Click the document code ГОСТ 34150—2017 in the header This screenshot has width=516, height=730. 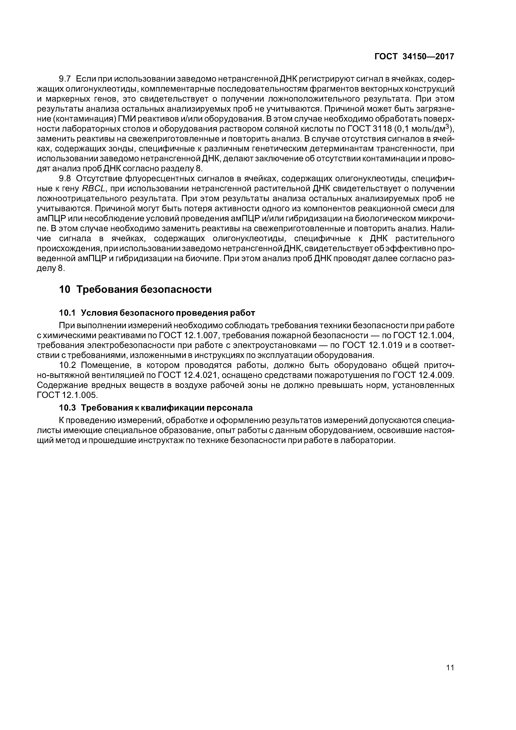click(x=414, y=57)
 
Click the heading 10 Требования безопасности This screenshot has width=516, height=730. click(x=135, y=290)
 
